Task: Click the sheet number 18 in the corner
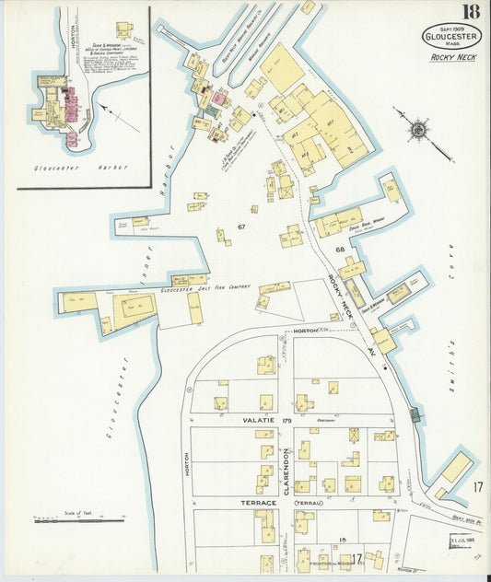(470, 12)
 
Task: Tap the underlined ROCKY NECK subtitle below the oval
(451, 58)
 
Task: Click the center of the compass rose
(420, 128)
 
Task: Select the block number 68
(339, 250)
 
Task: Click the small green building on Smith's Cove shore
(415, 416)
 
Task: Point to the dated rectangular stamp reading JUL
(462, 540)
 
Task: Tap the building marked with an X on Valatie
(354, 435)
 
